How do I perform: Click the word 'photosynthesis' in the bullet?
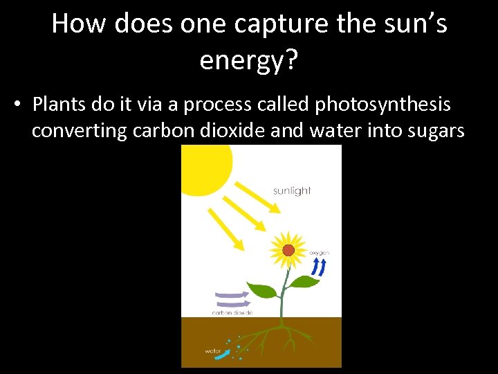[x=382, y=105]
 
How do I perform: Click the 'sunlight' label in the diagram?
[x=292, y=190]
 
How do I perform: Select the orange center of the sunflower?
[x=288, y=250]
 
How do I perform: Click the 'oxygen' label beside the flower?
[x=320, y=253]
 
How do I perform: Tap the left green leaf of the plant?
[x=262, y=290]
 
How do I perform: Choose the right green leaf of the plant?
[x=304, y=282]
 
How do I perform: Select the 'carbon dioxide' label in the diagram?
[x=232, y=312]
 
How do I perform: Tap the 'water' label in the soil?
[x=212, y=350]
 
